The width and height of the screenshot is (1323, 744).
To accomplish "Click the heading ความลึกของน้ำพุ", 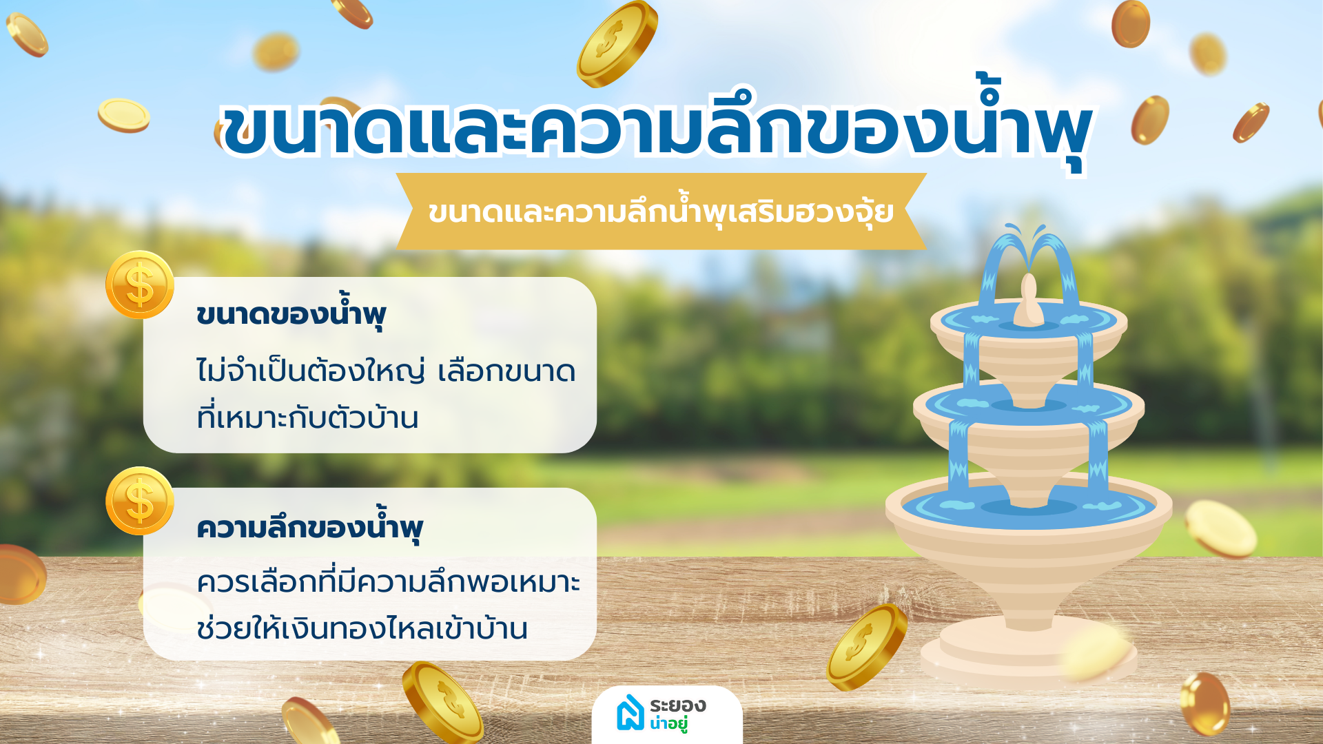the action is click(309, 526).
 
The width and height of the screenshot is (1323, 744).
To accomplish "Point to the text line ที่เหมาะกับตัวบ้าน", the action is click(307, 417).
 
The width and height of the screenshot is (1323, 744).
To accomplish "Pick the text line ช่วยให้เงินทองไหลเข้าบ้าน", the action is click(362, 627).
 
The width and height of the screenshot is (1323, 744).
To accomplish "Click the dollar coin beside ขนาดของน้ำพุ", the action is click(140, 285).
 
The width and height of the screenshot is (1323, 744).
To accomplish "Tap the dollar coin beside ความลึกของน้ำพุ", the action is click(140, 501).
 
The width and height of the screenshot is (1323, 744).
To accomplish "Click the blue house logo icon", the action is click(630, 712).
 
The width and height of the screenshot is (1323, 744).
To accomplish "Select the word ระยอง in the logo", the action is click(678, 705).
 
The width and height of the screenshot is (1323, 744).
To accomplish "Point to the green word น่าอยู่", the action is click(669, 723).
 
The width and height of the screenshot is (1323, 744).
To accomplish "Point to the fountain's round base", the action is click(1029, 654).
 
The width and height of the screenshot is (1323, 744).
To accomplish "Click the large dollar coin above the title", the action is click(617, 43).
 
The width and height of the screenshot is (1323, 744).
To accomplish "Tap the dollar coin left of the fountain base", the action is click(867, 646).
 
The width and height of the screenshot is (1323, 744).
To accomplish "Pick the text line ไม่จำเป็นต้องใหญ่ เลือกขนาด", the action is click(386, 371).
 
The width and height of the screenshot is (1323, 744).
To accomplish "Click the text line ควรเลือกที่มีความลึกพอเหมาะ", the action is click(389, 581).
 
